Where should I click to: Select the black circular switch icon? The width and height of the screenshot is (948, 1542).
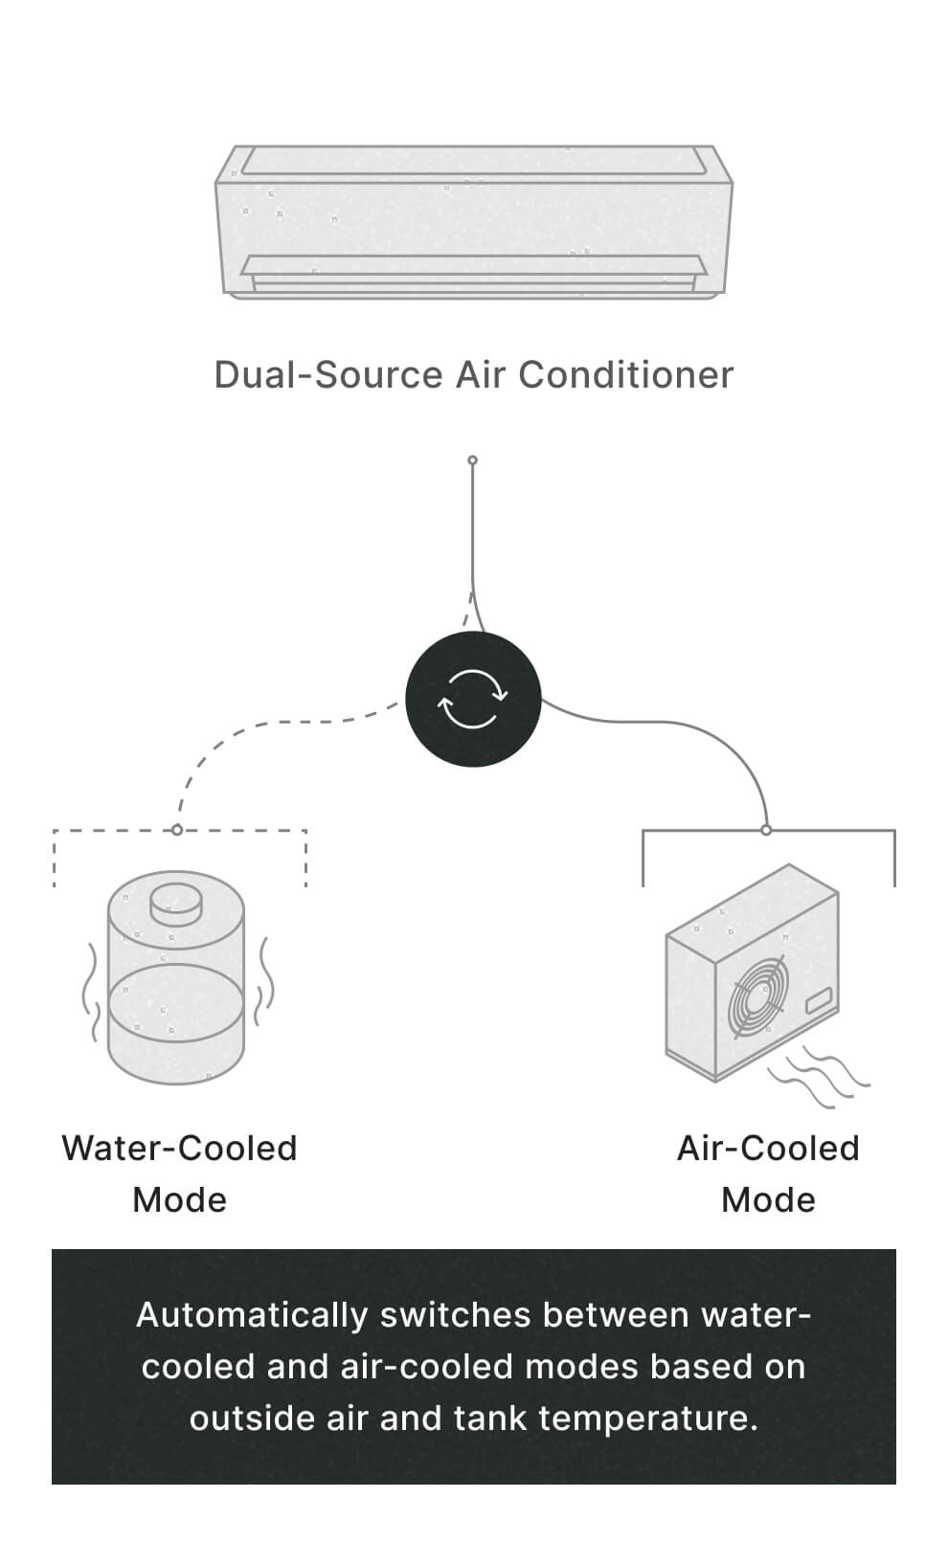click(473, 699)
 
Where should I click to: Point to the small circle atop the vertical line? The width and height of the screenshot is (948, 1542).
click(472, 460)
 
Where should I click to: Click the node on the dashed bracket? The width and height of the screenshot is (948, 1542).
click(177, 830)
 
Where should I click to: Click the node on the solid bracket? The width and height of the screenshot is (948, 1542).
click(766, 830)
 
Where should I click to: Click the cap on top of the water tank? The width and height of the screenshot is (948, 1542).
click(176, 902)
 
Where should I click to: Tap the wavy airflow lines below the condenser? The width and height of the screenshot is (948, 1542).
click(819, 1077)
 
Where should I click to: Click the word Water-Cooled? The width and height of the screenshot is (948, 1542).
click(179, 1148)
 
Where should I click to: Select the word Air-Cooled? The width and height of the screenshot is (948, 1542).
click(768, 1148)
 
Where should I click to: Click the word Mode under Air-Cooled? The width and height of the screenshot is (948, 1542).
click(768, 1199)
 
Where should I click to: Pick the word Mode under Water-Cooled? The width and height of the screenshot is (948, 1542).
click(179, 1199)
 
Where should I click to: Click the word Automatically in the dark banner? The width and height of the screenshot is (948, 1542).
click(251, 1315)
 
